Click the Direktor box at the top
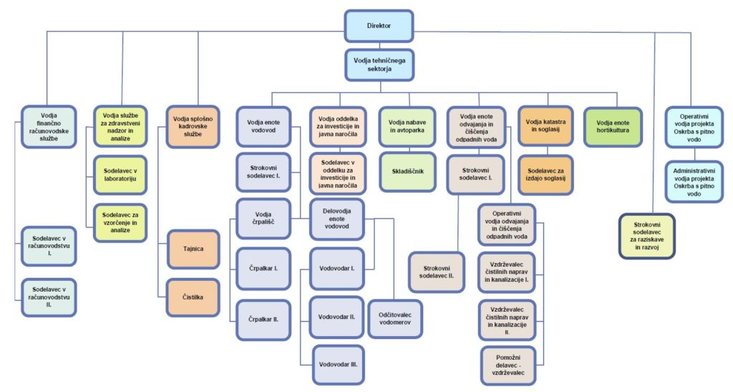(379, 25)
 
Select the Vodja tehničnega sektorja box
(379, 64)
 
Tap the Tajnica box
(193, 249)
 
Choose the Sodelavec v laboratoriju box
(120, 174)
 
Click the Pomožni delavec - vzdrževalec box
(507, 363)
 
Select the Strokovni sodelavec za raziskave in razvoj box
(646, 236)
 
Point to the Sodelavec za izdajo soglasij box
(545, 174)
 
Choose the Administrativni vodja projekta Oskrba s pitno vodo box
(693, 181)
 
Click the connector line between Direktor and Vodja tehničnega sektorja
(379, 44)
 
